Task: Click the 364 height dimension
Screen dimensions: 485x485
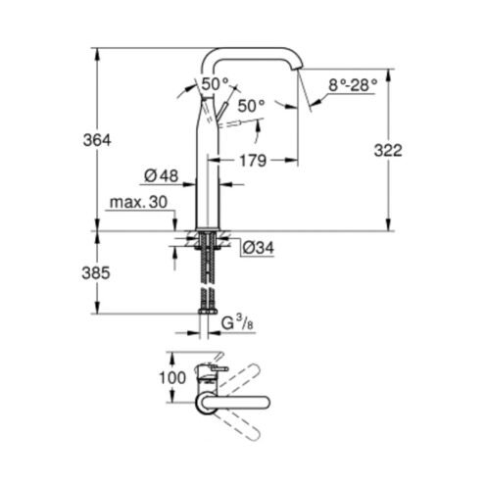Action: [97, 140]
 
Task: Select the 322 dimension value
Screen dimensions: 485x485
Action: [388, 151]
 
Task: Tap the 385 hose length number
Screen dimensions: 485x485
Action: [96, 272]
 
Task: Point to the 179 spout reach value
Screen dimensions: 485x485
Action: [253, 161]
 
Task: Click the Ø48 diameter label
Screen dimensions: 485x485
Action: [162, 176]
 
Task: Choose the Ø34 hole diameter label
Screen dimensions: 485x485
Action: [258, 249]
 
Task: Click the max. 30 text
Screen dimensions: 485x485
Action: [138, 202]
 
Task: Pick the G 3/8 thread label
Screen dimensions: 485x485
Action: [237, 323]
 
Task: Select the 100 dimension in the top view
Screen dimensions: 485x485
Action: [172, 378]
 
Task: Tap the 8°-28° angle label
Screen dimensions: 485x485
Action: [353, 85]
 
